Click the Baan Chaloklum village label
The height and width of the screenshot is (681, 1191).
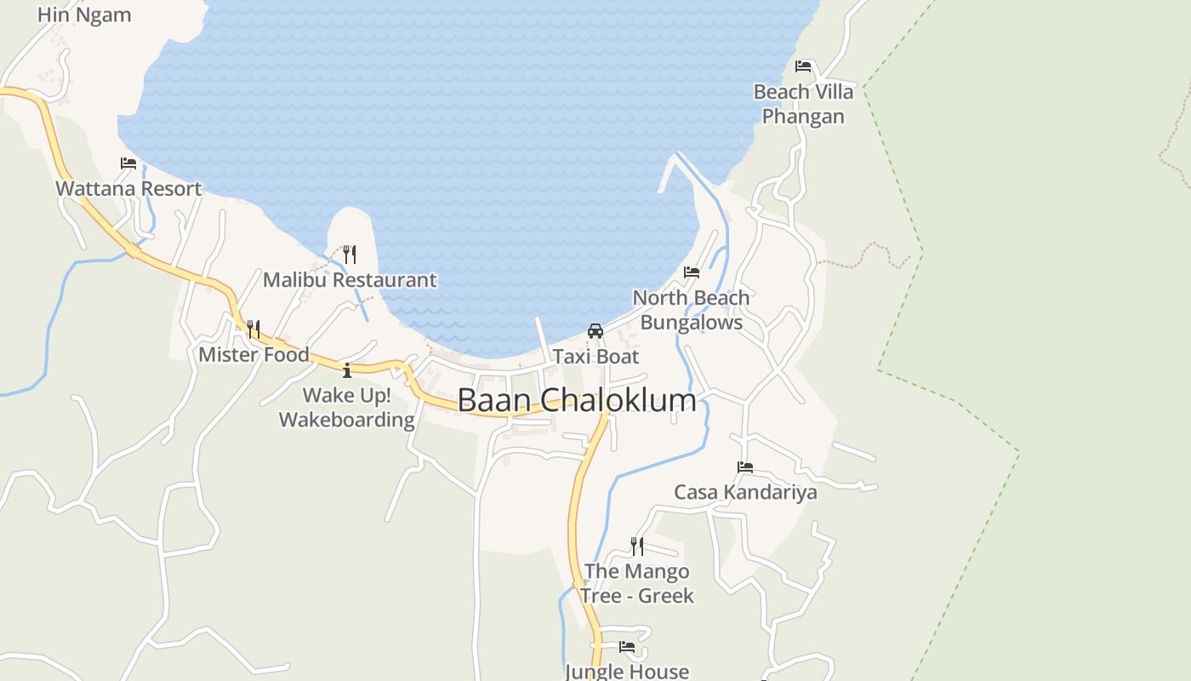pyautogui.click(x=577, y=400)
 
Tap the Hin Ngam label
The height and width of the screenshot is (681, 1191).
pyautogui.click(x=84, y=14)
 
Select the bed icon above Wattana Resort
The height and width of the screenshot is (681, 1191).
pyautogui.click(x=128, y=163)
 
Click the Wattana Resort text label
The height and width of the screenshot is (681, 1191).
pyautogui.click(x=128, y=189)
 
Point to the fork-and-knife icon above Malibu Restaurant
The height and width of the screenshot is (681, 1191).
pyautogui.click(x=349, y=254)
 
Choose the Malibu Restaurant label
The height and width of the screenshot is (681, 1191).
pyautogui.click(x=349, y=280)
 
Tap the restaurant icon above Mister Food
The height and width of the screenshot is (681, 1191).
pyautogui.click(x=253, y=329)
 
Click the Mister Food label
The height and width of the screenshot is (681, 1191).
pyautogui.click(x=254, y=355)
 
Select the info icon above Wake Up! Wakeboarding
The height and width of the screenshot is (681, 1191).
pyautogui.click(x=347, y=369)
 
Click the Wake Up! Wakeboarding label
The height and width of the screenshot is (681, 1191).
pyautogui.click(x=347, y=408)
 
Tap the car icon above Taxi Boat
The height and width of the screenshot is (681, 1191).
pyautogui.click(x=595, y=330)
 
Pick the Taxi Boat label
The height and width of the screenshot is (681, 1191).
pyautogui.click(x=595, y=357)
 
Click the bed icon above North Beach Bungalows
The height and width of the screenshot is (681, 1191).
pyautogui.click(x=692, y=272)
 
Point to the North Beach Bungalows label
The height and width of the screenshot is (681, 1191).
pyautogui.click(x=692, y=310)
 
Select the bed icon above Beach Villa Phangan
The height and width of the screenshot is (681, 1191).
pyautogui.click(x=803, y=66)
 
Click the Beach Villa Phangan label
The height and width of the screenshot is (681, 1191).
pyautogui.click(x=803, y=104)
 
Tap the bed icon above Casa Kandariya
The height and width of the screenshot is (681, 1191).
pyautogui.click(x=745, y=466)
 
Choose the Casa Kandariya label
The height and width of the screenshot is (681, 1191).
pyautogui.click(x=745, y=492)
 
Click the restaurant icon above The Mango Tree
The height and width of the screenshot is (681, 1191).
pyautogui.click(x=636, y=545)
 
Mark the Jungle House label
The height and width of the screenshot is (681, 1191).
pyautogui.click(x=627, y=672)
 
